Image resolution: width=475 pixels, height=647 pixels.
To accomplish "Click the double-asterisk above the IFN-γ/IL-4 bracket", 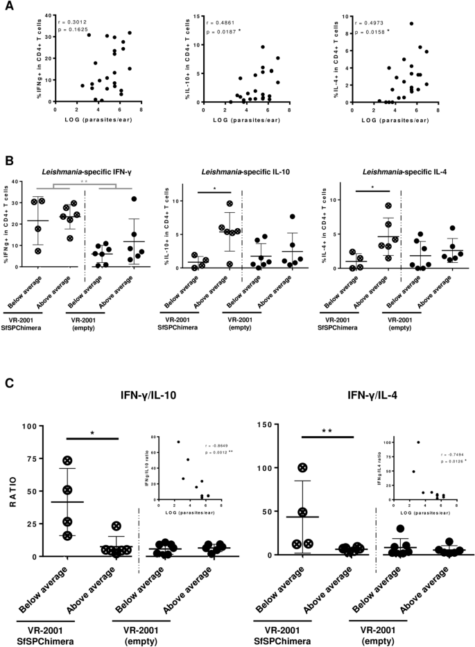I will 329,431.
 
